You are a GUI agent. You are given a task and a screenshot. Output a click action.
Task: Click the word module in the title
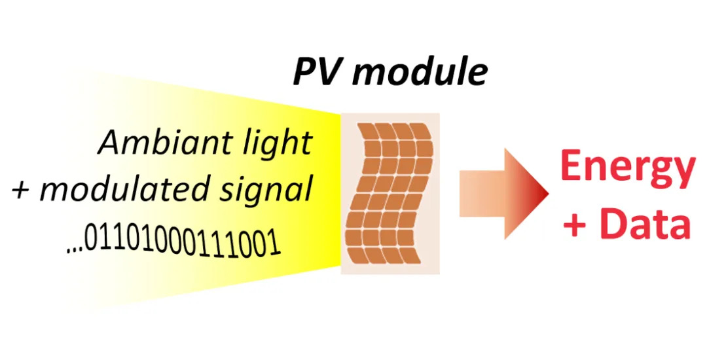[422, 71]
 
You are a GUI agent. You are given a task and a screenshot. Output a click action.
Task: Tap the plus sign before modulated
[22, 190]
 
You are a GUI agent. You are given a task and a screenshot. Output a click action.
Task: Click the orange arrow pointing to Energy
[503, 194]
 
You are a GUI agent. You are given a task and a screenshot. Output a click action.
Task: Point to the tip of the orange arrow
[549, 194]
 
